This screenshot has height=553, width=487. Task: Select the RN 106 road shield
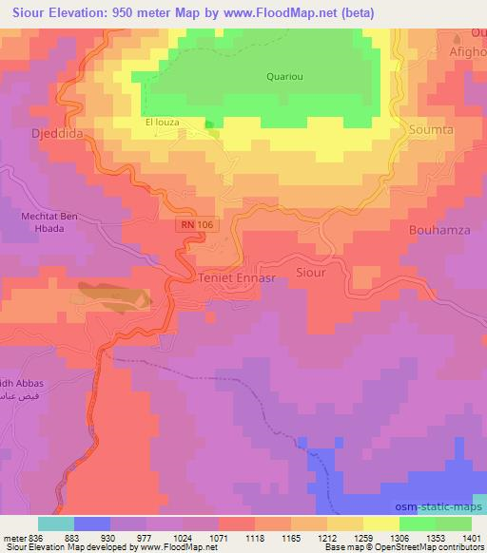193,225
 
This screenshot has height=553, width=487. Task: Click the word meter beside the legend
11,537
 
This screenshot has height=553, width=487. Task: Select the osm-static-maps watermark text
440,508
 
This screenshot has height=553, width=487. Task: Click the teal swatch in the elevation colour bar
56,524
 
